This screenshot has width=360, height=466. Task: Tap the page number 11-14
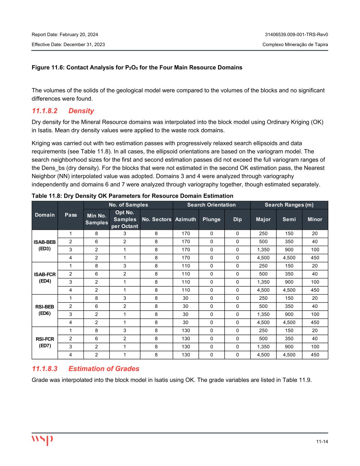322,441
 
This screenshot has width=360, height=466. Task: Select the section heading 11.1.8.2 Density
63,111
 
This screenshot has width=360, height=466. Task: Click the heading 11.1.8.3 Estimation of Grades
86,369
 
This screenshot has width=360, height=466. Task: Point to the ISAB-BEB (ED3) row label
45,245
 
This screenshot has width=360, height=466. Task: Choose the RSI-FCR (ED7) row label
45,342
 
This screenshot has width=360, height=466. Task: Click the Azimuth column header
186,219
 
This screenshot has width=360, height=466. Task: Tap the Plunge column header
212,219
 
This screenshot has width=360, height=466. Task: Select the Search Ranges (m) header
289,205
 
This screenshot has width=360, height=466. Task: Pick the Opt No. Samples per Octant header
125,219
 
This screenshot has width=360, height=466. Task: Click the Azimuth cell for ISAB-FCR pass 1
186,266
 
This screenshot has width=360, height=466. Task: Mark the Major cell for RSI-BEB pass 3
263,314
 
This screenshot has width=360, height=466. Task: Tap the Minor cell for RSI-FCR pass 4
315,355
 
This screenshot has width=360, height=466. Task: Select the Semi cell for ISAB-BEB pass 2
289,242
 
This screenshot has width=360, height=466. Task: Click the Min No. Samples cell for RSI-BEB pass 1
97,298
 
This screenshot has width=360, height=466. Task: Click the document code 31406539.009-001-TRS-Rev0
297,35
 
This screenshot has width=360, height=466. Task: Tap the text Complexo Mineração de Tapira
295,45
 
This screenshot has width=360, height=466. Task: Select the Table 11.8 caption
132,196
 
